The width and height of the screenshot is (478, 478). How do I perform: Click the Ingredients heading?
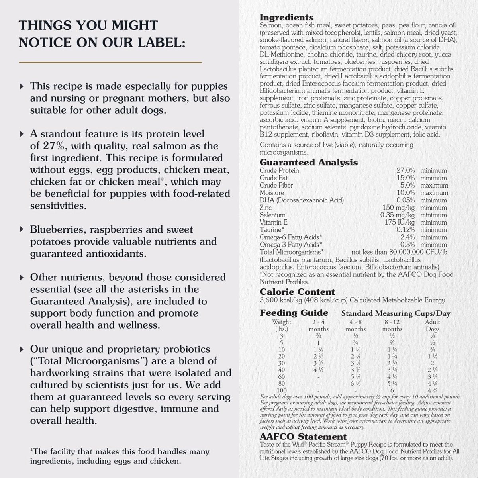286,17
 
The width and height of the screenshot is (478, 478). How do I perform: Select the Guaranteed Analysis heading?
309,162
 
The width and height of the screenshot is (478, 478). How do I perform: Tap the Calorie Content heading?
297,292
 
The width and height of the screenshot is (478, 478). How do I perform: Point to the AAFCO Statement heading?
303,437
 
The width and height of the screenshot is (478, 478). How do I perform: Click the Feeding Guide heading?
294,313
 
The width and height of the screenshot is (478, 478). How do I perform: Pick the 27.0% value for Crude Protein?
406,170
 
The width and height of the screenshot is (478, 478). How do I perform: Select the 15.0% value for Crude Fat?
406,178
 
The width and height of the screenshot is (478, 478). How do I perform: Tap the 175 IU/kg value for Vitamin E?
400,222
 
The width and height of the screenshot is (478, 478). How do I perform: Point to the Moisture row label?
272,193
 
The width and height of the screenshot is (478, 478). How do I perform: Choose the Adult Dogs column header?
432,325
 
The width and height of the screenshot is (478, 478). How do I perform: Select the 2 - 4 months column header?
318,325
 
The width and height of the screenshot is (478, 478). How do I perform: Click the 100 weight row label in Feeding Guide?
282,390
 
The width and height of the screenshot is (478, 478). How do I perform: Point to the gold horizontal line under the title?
110,62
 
